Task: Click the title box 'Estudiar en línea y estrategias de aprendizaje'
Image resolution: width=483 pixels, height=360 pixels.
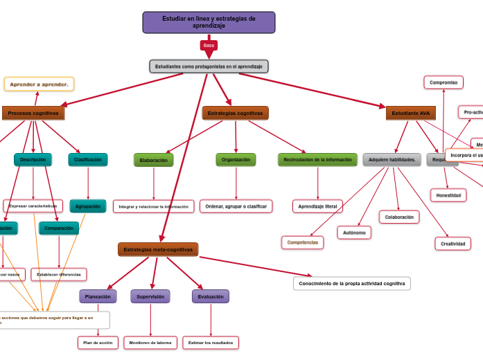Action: coord(209,22)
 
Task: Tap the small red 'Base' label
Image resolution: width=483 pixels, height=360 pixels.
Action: coord(209,45)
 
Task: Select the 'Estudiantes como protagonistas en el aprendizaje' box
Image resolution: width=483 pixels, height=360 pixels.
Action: coord(209,66)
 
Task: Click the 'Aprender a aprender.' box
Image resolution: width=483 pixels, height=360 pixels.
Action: coord(39,84)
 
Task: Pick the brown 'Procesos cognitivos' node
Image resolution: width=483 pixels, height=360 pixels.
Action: coord(33,113)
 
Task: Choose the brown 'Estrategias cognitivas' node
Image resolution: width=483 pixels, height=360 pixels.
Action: coord(235,113)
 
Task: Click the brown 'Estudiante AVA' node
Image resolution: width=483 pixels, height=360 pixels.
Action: coord(410,113)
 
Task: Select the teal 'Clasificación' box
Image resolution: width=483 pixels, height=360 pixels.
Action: coord(88,160)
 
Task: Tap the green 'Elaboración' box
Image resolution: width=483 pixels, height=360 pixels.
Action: coord(153,160)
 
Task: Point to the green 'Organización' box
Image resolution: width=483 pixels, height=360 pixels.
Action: coord(236,160)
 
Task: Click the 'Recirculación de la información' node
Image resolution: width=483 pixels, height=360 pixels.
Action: coord(317,160)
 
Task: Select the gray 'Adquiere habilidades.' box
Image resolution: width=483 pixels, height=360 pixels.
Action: coord(392,160)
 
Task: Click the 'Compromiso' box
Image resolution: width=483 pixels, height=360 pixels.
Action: coord(444,82)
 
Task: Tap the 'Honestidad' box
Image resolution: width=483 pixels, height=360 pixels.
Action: coord(448,195)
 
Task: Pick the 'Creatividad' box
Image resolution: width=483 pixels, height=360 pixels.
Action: coord(453,244)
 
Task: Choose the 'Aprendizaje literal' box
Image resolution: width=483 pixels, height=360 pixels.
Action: coord(317,206)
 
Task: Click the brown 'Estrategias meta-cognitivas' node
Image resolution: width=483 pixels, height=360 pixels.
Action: coord(158,249)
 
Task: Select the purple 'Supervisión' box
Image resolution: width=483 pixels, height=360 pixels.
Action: coord(150,296)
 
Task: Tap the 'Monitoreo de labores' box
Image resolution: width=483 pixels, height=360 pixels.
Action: coord(150,343)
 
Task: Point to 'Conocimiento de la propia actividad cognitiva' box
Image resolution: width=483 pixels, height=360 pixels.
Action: coord(351,284)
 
